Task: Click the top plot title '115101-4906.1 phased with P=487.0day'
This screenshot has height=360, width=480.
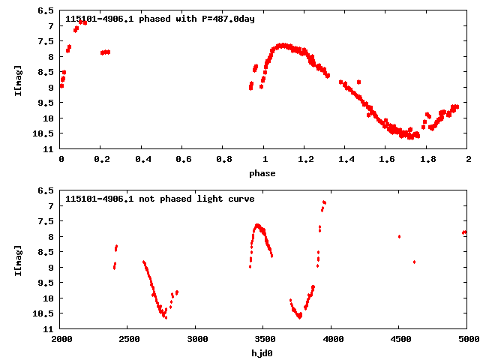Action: pyautogui.click(x=160, y=19)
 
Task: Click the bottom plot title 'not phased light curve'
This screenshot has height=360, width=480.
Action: pyautogui.click(x=195, y=199)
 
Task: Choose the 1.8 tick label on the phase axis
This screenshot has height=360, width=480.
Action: pyautogui.click(x=427, y=159)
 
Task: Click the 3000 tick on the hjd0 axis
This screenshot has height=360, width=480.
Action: pyautogui.click(x=196, y=339)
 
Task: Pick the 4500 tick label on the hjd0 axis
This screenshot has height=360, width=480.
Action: pyautogui.click(x=400, y=339)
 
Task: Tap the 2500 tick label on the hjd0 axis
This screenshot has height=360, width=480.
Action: pyautogui.click(x=129, y=339)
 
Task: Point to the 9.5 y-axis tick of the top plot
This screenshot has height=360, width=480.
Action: pyautogui.click(x=46, y=103)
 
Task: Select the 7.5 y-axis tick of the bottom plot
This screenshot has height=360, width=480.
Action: pyautogui.click(x=46, y=221)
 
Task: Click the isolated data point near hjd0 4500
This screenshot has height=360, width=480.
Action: pyautogui.click(x=399, y=236)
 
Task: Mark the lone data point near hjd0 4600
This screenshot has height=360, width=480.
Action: pyautogui.click(x=414, y=262)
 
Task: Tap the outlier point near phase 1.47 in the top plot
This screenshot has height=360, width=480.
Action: pyautogui.click(x=358, y=82)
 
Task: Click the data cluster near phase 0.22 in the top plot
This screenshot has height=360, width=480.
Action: pyautogui.click(x=105, y=52)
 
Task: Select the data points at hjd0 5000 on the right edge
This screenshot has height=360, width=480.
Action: pyautogui.click(x=464, y=232)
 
